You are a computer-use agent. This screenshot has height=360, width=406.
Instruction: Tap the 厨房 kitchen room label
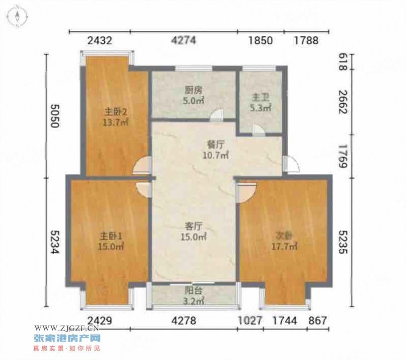click(193, 90)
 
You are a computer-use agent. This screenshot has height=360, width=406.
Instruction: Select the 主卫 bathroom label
click(260, 98)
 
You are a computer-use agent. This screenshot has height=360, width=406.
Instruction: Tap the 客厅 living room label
click(193, 226)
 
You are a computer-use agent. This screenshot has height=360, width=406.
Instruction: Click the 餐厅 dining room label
click(216, 144)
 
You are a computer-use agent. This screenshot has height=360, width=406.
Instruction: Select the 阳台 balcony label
click(193, 290)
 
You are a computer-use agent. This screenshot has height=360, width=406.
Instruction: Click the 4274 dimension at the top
click(184, 40)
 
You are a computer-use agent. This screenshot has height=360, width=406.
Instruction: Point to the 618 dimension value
click(343, 62)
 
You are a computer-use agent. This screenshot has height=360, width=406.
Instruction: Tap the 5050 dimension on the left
click(55, 116)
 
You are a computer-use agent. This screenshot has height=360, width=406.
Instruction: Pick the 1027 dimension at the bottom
click(250, 321)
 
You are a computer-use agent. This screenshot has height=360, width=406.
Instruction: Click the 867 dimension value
click(318, 321)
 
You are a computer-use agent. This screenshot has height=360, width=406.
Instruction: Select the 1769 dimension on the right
click(343, 156)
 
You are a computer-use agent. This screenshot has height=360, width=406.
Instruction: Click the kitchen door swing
click(217, 116)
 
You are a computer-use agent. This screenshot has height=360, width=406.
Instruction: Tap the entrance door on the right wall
click(291, 164)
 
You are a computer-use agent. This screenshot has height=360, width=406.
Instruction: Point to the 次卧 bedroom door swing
click(246, 193)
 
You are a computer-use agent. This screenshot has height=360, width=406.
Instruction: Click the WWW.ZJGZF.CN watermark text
click(66, 328)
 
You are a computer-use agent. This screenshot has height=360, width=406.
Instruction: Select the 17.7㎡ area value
click(284, 246)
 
